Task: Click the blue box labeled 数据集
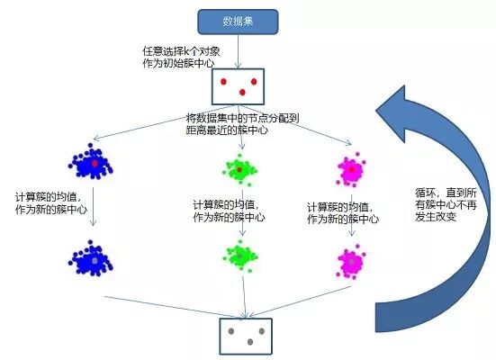pyautogui.click(x=237, y=22)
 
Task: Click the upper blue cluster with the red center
pyautogui.click(x=90, y=165)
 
